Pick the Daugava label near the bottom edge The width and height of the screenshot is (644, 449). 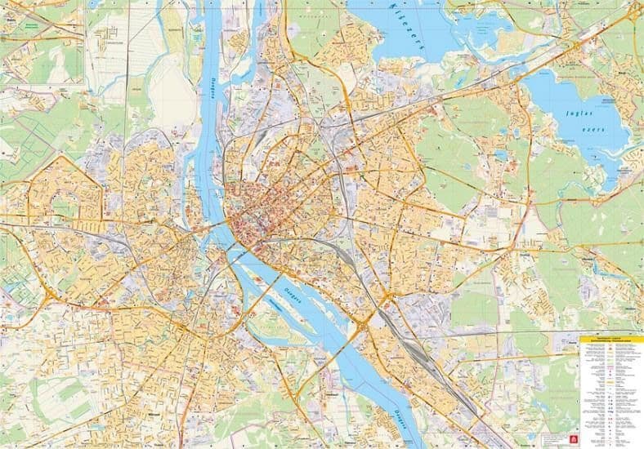pyautogui.click(x=400, y=420)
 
